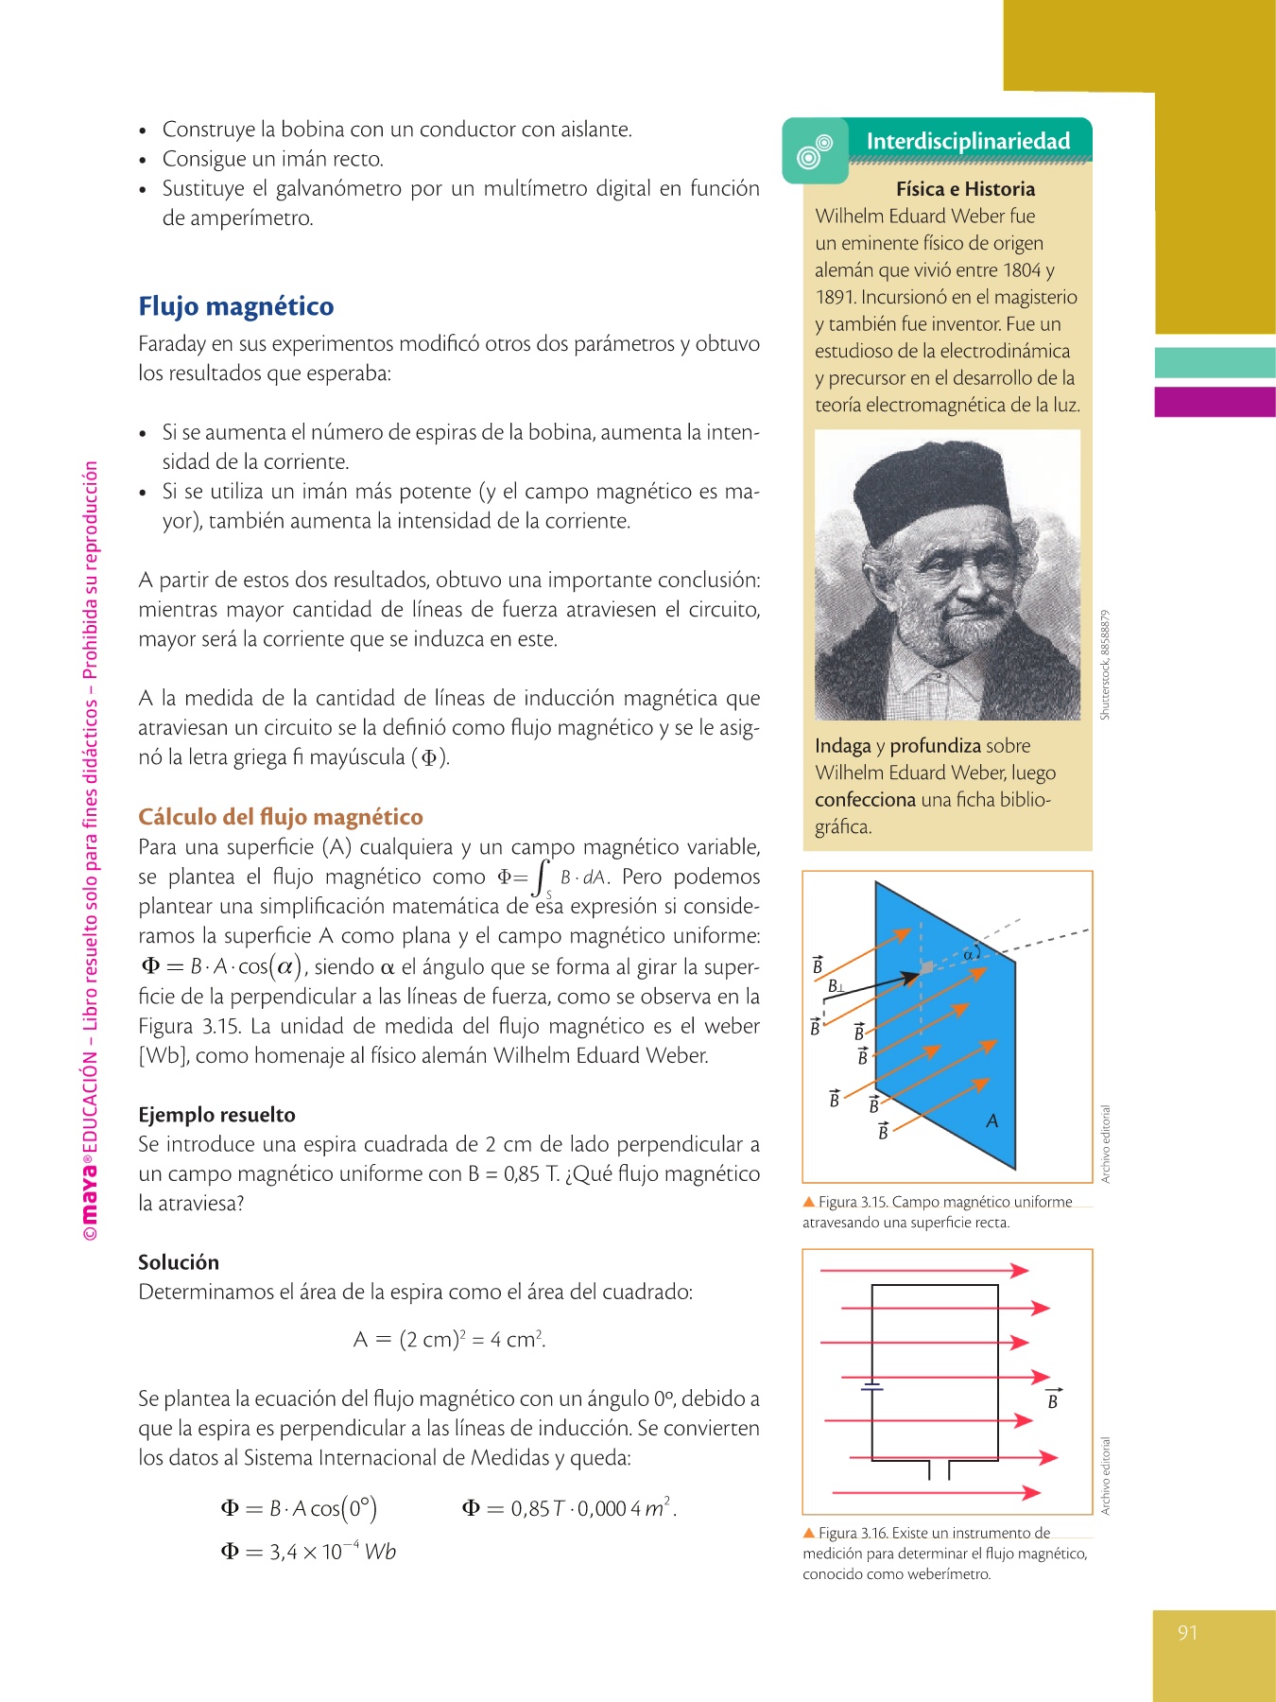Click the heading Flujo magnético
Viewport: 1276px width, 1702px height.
coord(236,306)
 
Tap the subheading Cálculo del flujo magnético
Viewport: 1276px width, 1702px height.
coord(281,817)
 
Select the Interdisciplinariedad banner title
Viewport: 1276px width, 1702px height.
coord(968,142)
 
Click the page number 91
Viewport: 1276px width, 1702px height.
coord(1188,1633)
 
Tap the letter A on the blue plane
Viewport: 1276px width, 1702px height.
coord(991,1121)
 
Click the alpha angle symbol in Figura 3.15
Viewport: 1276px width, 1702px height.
coord(968,956)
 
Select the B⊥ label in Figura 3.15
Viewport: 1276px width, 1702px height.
coord(836,987)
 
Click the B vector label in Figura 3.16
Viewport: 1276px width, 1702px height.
coord(1053,1400)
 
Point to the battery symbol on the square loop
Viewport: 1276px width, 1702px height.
coord(871,1387)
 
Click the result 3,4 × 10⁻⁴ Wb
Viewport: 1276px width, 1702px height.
coord(308,1552)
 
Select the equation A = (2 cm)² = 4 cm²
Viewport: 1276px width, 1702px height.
coord(449,1340)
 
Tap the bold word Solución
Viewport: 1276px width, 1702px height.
coord(179,1262)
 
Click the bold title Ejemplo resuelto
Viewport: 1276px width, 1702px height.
coord(216,1115)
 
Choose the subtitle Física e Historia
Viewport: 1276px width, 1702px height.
coord(965,189)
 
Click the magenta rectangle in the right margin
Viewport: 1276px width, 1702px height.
coord(1215,402)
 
